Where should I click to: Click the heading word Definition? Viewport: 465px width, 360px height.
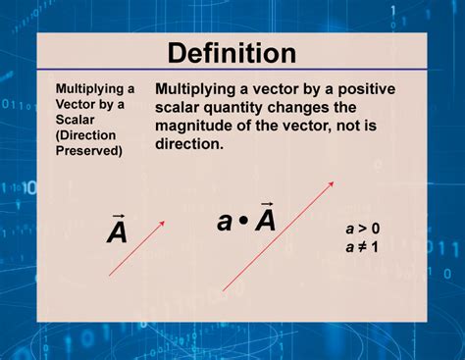[x=232, y=53]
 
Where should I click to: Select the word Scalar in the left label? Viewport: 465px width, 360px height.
[x=77, y=119]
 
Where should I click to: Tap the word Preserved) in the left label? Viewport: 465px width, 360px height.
[x=89, y=149]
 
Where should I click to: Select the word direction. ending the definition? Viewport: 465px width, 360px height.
[x=190, y=143]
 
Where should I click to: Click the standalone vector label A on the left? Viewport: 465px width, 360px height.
[x=117, y=231]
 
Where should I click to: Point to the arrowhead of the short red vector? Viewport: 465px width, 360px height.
[x=163, y=223]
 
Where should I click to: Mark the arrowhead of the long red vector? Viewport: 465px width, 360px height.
[x=333, y=181]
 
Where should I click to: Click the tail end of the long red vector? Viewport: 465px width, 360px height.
[x=225, y=290]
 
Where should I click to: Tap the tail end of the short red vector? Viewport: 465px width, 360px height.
[x=109, y=276]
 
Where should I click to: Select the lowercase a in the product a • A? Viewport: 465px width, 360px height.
[x=225, y=223]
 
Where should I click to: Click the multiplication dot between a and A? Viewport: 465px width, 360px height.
[x=244, y=222]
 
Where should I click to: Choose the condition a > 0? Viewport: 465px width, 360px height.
[x=362, y=229]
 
